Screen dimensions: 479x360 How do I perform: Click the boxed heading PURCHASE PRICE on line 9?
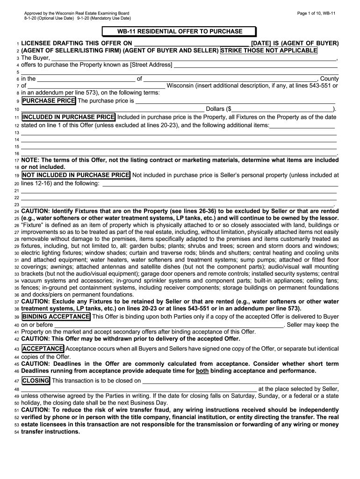pyautogui.click(x=48, y=101)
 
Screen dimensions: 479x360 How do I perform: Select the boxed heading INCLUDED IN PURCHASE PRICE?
pyautogui.click(x=68, y=117)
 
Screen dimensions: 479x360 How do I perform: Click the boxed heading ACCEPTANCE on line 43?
pyautogui.click(x=43, y=349)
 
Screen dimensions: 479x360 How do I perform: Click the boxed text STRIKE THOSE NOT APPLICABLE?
pyautogui.click(x=269, y=51)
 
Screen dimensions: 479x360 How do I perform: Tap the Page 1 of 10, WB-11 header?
pyautogui.click(x=316, y=13)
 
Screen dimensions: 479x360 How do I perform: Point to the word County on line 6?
pyautogui.click(x=329, y=79)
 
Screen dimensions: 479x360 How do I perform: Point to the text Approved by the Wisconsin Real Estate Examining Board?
pyautogui.click(x=77, y=13)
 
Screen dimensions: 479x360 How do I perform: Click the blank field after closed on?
pyautogui.click(x=241, y=381)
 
